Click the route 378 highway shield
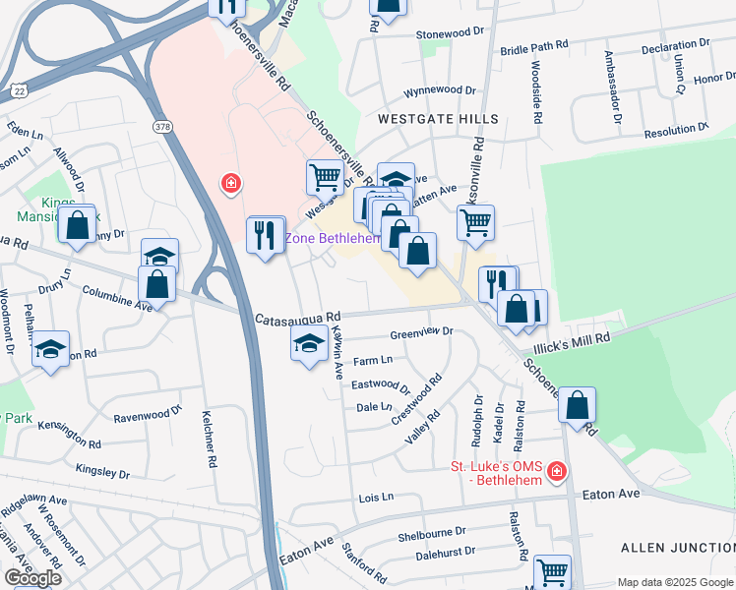pos(163,126)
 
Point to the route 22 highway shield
pos(18,89)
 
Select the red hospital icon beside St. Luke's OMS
pos(557,473)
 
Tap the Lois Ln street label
pos(376,498)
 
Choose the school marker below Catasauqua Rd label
pos(309,344)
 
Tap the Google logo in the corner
pos(32,578)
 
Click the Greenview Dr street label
pos(421,331)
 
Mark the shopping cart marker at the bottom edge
pos(552,571)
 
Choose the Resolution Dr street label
pos(682,132)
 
